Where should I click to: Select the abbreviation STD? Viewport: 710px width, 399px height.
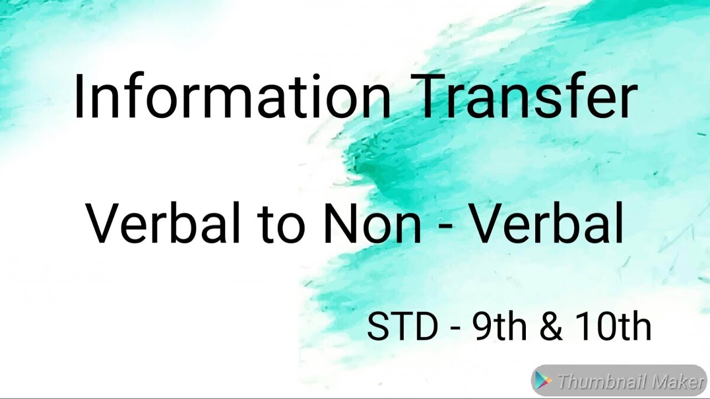click(402, 327)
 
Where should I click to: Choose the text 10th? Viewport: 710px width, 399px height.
click(612, 327)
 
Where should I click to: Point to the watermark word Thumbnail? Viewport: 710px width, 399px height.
click(601, 382)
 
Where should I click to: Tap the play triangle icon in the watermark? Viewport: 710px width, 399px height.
click(544, 381)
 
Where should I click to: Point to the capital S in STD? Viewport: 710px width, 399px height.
click(377, 327)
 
